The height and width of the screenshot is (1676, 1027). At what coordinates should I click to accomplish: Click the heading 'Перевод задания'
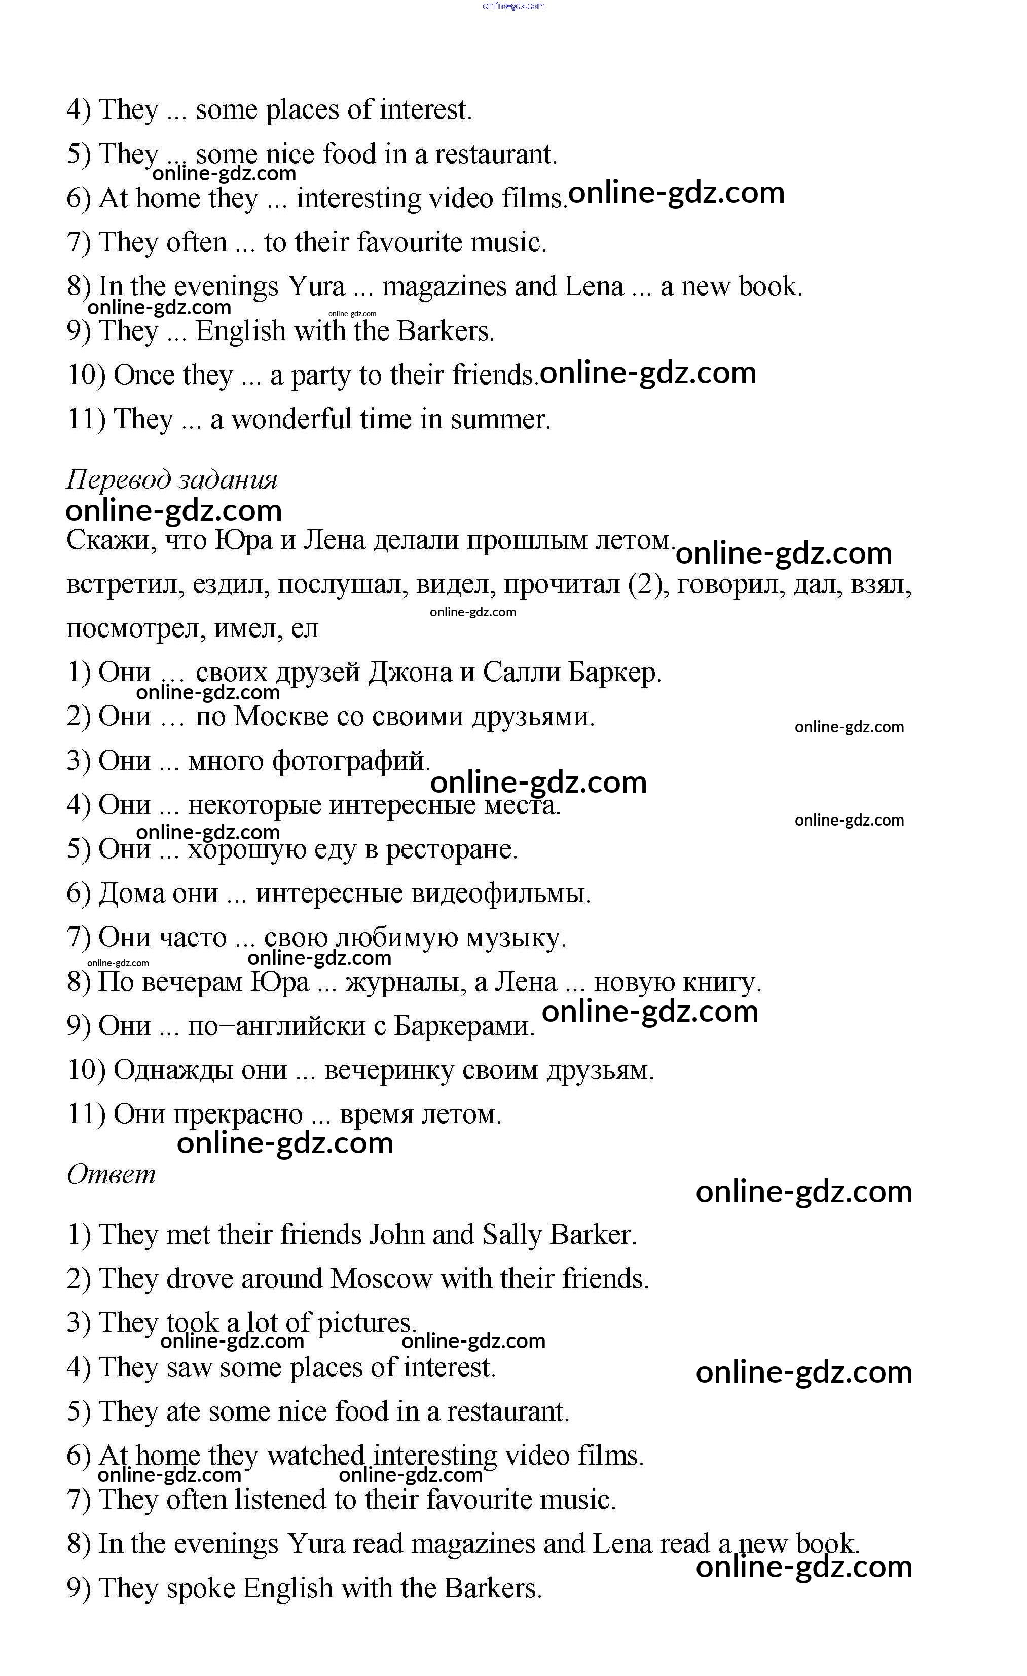point(171,479)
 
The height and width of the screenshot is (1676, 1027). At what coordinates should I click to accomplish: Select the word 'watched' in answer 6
point(316,1456)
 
